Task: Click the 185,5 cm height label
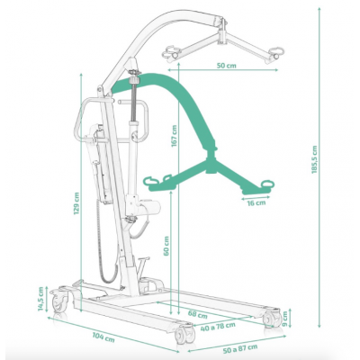[314, 159]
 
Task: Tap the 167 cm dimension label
[175, 136]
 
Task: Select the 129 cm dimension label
[76, 203]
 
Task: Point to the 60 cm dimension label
[166, 246]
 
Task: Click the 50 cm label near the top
[226, 66]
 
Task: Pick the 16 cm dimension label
[256, 203]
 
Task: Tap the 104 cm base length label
[103, 337]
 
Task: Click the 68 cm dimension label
[198, 315]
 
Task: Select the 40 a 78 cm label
[218, 326]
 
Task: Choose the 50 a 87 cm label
[240, 348]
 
